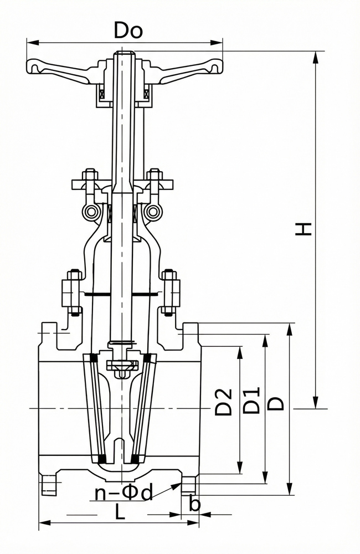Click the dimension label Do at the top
click(128, 30)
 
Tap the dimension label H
click(304, 228)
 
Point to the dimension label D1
click(252, 400)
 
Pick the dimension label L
click(120, 513)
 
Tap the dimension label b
click(194, 504)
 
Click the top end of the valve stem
click(124, 54)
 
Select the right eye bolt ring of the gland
click(153, 212)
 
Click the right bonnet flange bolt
click(171, 290)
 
